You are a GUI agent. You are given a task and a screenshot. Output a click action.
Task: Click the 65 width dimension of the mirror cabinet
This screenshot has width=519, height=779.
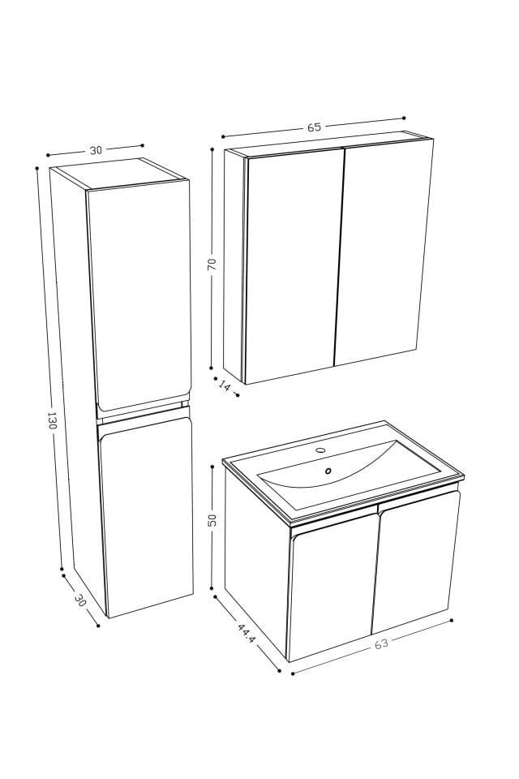[314, 127]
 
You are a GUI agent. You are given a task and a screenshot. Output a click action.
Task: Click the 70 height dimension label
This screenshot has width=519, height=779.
[212, 265]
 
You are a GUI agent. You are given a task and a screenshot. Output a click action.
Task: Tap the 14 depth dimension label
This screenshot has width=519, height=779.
[225, 386]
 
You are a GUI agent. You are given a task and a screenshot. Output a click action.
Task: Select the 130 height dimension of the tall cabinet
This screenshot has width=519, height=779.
[52, 420]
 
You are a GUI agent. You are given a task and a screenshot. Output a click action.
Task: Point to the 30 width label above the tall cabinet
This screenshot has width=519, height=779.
[96, 150]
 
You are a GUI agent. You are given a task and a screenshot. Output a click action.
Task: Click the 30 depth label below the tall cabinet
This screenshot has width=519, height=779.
[79, 600]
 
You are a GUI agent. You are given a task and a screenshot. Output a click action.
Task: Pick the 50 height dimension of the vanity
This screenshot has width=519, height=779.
[212, 520]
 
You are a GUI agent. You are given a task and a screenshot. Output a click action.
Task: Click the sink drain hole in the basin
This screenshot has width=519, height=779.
[328, 471]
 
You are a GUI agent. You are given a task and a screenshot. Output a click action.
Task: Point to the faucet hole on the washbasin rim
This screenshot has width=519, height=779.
[320, 450]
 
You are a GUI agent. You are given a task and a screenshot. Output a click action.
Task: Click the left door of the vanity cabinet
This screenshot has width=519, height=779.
[332, 588]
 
